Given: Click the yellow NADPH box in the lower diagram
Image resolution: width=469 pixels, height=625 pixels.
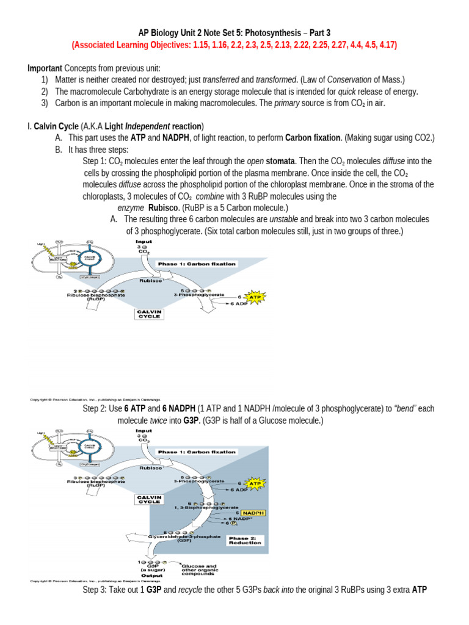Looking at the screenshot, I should tap(257, 513).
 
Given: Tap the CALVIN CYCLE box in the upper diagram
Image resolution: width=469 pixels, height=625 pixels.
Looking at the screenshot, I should tap(149, 313).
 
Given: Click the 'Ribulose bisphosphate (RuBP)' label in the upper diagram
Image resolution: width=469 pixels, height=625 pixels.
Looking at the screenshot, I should tap(96, 297).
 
